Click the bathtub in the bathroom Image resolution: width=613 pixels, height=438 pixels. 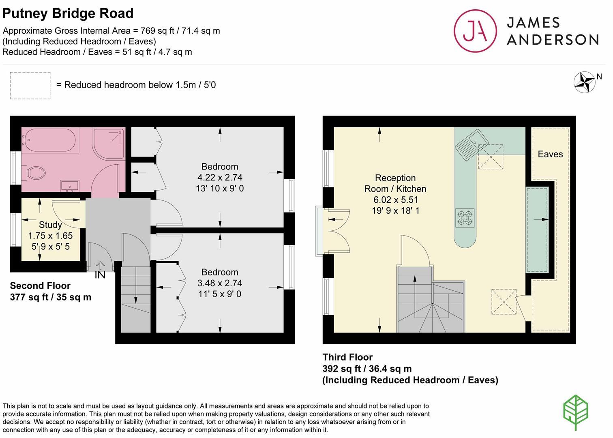coord(50,141)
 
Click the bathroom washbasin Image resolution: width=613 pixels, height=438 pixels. coord(70,186)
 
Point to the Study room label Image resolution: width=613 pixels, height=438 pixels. coord(50,225)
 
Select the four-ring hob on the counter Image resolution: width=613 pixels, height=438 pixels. coord(465,217)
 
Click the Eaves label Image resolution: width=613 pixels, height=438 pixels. coord(550,154)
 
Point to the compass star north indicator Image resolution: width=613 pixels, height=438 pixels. coord(584,82)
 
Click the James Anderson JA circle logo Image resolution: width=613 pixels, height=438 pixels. coord(475,31)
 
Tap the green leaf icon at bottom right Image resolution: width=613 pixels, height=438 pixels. coord(576,412)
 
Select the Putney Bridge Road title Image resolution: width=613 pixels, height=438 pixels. coord(68,13)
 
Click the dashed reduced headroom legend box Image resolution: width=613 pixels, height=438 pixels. coord(30,86)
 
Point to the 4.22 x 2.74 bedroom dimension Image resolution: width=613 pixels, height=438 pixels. coord(220,177)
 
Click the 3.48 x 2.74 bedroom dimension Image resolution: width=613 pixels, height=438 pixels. coord(220,283)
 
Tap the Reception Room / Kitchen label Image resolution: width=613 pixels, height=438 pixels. coord(395,183)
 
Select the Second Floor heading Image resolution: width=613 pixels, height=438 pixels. coord(40,286)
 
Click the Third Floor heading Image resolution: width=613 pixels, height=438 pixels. coord(347,357)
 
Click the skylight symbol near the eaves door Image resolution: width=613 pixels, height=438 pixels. coord(504,301)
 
